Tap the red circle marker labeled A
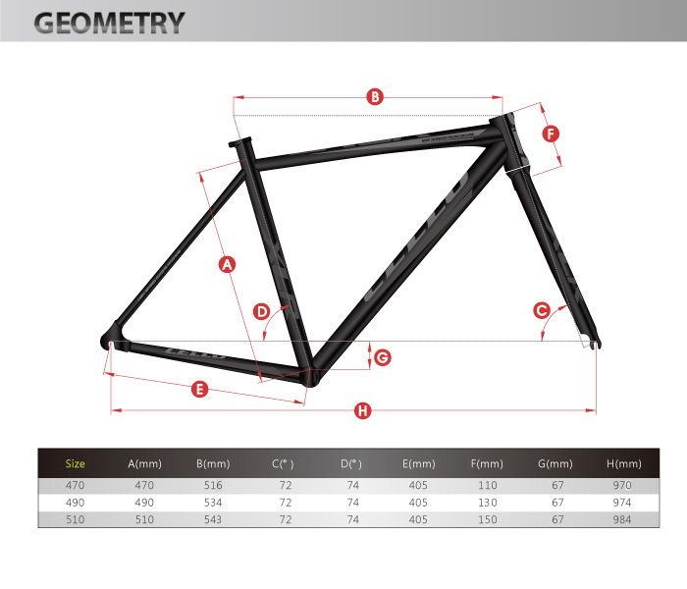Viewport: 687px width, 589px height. [227, 264]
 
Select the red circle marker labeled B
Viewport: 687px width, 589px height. [374, 96]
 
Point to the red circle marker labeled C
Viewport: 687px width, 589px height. [541, 310]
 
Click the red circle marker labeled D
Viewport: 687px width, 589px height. [262, 311]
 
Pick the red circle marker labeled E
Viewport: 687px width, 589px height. [199, 390]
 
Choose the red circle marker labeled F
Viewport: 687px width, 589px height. [551, 133]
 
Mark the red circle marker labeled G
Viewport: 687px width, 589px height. [382, 356]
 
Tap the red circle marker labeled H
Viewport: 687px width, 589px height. [362, 411]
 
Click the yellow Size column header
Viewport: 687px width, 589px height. [76, 463]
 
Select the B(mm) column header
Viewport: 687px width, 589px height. [212, 463]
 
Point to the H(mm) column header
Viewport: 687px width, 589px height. [623, 463]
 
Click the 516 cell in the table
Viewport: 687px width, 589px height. [212, 485]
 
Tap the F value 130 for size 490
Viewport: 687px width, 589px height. [487, 503]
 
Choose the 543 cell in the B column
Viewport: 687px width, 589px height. [212, 520]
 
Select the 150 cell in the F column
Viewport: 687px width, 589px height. [487, 520]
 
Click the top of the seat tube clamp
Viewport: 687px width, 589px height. [240, 143]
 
